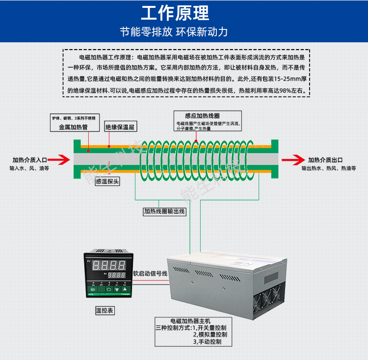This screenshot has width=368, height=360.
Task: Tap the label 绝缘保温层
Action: [x=120, y=127]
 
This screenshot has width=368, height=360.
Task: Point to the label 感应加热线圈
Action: [x=192, y=115]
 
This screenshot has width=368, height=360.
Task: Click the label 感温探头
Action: [x=106, y=181]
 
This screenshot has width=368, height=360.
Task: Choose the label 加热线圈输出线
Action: [x=164, y=212]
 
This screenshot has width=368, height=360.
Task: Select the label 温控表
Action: [x=105, y=310]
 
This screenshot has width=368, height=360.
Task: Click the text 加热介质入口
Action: [x=29, y=160]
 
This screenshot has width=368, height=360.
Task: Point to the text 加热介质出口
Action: [x=325, y=160]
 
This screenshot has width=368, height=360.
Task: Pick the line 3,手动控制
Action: [x=207, y=341]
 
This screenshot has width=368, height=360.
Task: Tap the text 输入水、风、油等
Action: [x=29, y=168]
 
